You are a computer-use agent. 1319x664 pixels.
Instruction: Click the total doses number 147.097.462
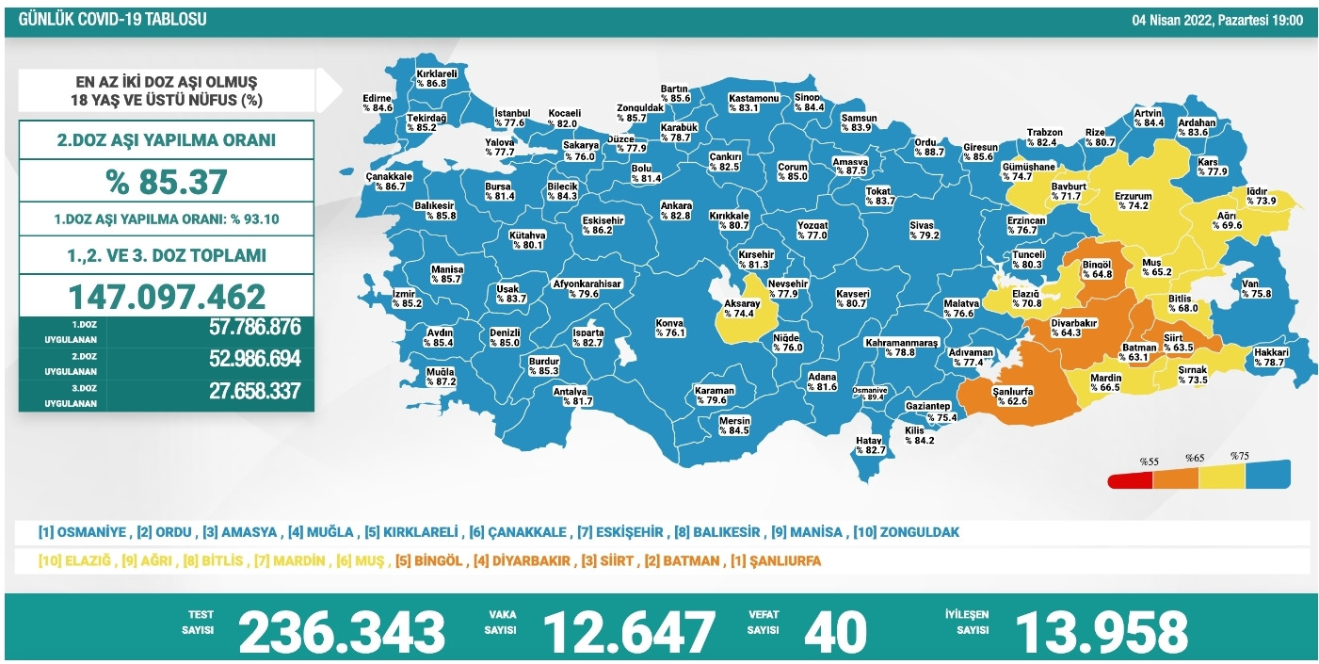coord(167,296)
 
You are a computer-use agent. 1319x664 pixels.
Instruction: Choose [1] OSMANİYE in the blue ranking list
coord(82,532)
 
